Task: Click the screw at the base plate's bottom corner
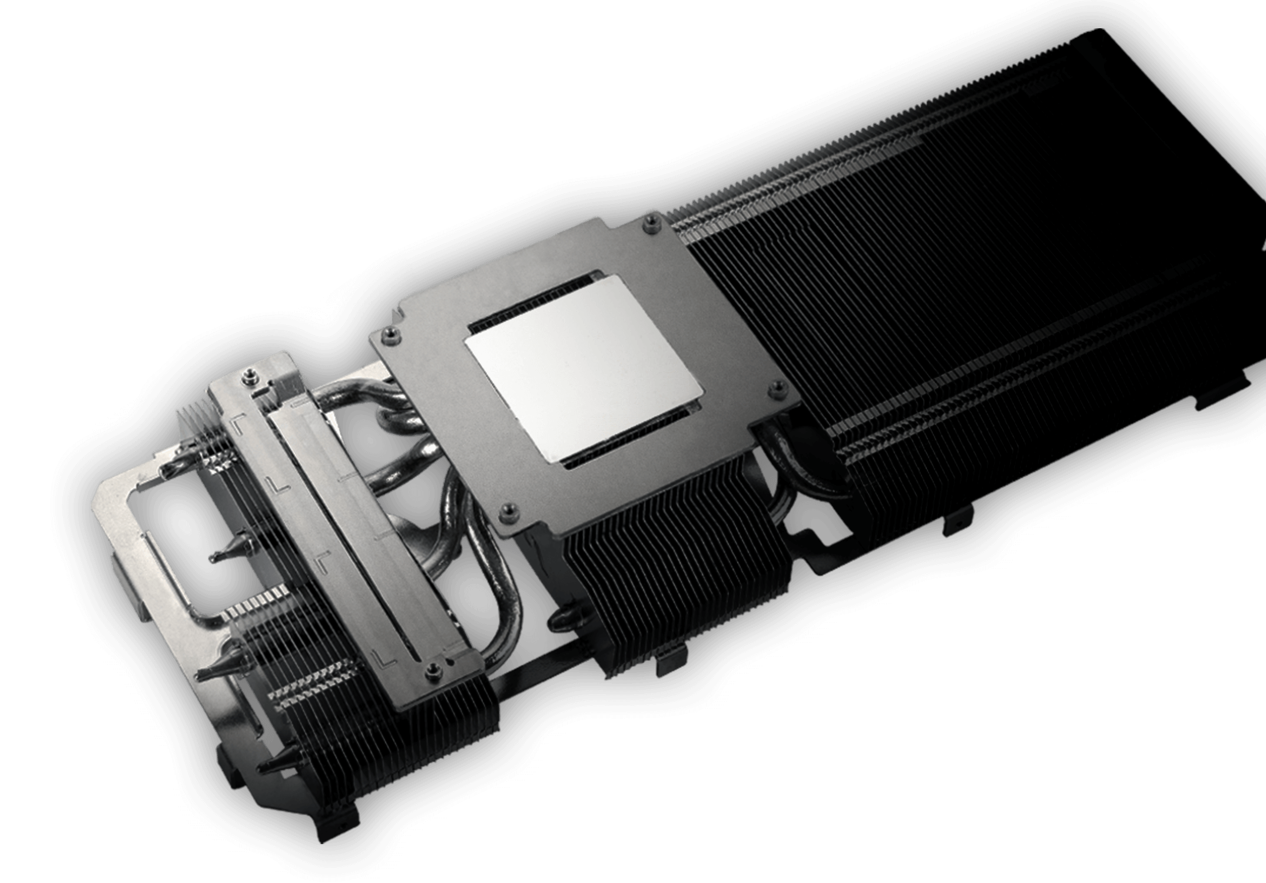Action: coord(505,510)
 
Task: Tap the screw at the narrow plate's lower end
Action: coord(433,667)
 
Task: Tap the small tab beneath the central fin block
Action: coord(671,662)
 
